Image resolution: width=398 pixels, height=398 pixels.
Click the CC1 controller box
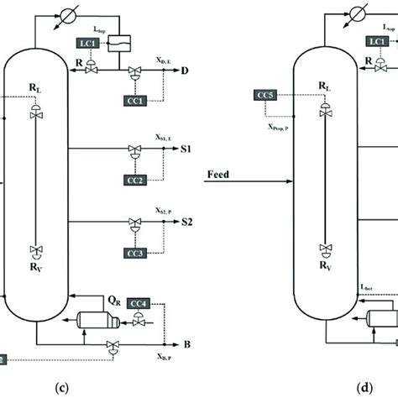(x=138, y=99)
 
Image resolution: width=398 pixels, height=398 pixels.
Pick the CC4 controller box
(x=143, y=302)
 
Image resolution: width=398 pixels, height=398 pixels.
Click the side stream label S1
(x=186, y=149)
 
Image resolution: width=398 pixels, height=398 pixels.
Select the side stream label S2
(x=186, y=223)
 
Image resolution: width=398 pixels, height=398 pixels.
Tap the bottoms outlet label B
(x=174, y=344)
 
